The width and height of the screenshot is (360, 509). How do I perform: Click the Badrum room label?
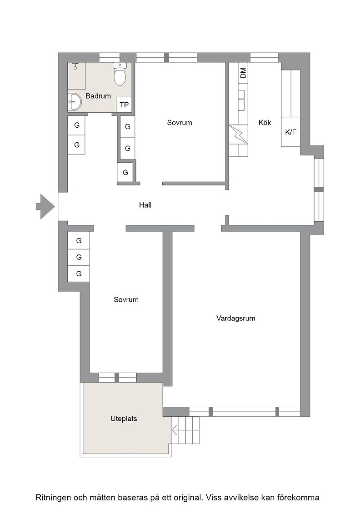[98, 96]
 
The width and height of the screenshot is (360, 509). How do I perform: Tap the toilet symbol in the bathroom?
[120, 74]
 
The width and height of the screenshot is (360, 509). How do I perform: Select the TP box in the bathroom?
[124, 105]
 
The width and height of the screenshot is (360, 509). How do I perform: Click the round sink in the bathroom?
[75, 102]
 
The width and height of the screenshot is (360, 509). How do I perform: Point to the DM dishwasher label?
[243, 73]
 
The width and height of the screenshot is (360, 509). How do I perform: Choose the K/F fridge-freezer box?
[290, 132]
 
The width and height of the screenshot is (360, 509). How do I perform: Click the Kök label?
[265, 122]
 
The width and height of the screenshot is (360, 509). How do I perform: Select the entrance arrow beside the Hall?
[45, 206]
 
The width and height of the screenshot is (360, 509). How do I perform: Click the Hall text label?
[145, 205]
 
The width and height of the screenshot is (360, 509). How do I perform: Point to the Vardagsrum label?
[235, 318]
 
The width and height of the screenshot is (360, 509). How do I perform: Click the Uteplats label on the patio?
[124, 419]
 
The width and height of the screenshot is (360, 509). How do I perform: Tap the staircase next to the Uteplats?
[185, 430]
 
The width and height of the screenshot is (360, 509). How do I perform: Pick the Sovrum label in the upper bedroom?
[180, 123]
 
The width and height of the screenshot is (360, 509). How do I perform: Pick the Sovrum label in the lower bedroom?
[126, 299]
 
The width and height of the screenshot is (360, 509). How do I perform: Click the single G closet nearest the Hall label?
[125, 172]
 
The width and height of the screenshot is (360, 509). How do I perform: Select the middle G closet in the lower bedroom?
[79, 257]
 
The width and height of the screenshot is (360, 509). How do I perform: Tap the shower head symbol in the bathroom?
[75, 65]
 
